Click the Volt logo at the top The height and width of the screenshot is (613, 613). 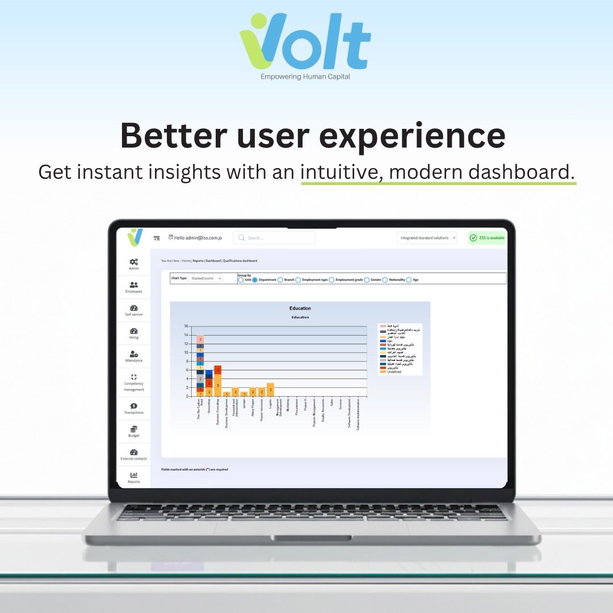(305, 45)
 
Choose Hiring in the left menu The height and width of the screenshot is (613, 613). (134, 333)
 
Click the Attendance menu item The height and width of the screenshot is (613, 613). (134, 356)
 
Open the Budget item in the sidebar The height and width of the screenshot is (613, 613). (134, 431)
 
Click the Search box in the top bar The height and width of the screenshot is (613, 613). (274, 238)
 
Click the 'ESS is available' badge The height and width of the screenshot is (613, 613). (487, 238)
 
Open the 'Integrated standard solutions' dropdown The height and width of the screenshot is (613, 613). (427, 238)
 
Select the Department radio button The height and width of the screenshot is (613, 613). (255, 280)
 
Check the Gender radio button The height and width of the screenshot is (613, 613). (367, 280)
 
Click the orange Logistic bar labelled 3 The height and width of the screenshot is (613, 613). (270, 390)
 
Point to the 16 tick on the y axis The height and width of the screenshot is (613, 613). (185, 326)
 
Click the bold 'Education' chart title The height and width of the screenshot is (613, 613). (300, 308)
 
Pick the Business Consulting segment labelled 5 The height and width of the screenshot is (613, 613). (217, 385)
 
